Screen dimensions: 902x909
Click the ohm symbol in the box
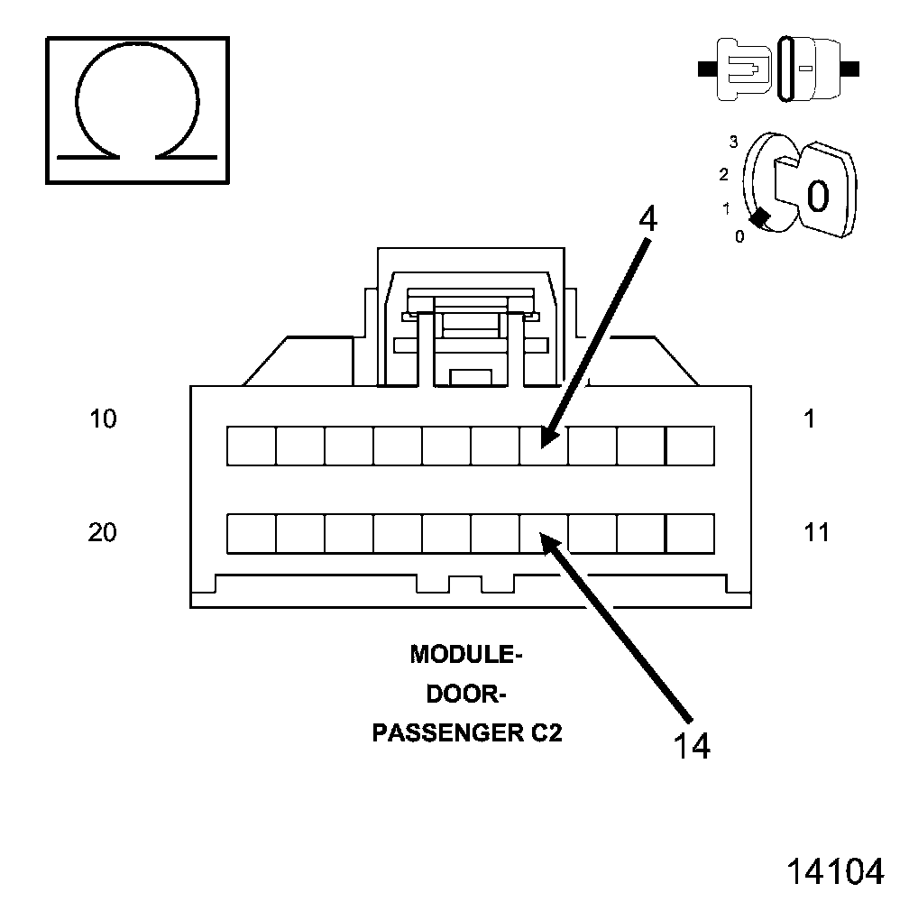click(137, 109)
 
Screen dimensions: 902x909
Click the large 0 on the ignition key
click(817, 195)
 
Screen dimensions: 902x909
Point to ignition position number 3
click(734, 142)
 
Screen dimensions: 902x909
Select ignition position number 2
click(723, 174)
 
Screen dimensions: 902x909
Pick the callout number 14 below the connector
click(692, 746)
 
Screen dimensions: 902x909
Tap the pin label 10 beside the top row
click(104, 419)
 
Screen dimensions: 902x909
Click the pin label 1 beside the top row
click(810, 419)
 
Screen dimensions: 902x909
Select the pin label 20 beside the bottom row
click(103, 533)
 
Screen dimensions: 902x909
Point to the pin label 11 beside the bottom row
click(816, 533)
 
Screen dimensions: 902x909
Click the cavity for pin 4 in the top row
click(544, 446)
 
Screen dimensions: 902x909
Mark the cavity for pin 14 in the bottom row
click(544, 533)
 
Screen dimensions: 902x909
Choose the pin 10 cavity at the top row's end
click(251, 446)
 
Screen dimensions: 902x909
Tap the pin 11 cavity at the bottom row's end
click(690, 533)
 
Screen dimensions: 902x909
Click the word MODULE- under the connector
click(466, 654)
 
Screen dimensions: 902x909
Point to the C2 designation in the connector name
click(543, 733)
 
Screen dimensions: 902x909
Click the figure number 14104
click(835, 871)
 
